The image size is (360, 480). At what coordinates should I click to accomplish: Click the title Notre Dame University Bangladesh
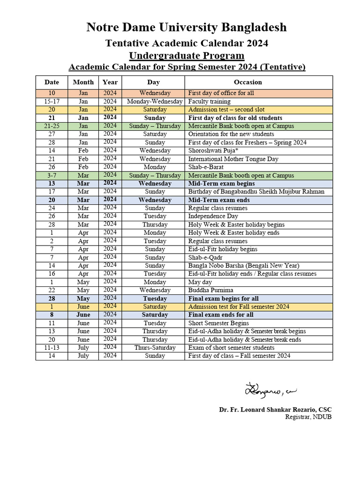pyautogui.click(x=186, y=28)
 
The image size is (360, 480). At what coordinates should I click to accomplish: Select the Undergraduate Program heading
pyautogui.click(x=187, y=56)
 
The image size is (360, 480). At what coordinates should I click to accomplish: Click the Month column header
pyautogui.click(x=83, y=82)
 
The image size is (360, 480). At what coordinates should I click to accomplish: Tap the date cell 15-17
pyautogui.click(x=52, y=101)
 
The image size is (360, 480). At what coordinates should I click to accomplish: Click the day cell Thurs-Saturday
pyautogui.click(x=155, y=348)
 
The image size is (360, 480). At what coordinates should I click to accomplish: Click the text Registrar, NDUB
pyautogui.click(x=308, y=417)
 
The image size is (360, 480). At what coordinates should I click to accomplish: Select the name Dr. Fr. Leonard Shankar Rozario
pyautogui.click(x=275, y=410)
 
